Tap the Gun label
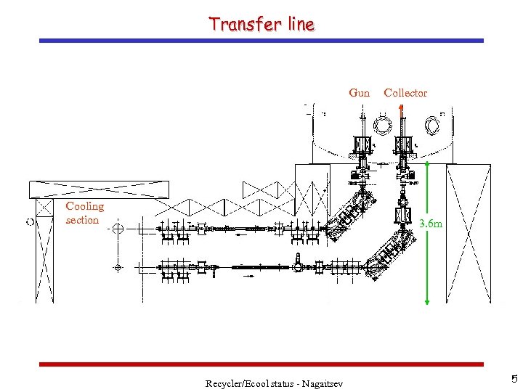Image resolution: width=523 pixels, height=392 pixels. tap(359, 93)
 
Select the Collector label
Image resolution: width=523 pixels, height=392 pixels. tap(405, 93)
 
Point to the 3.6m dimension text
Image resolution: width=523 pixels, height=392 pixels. tap(431, 224)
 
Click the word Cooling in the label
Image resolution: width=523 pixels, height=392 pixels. tap(85, 207)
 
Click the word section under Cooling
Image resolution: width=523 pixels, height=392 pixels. tap(82, 220)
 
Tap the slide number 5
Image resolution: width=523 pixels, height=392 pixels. tap(514, 379)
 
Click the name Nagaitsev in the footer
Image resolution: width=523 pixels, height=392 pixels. tap(320, 383)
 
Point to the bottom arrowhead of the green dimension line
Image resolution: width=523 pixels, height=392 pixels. tap(427, 300)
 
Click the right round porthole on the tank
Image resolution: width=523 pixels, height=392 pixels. tap(432, 126)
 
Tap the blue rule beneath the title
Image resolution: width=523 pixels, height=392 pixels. tap(261, 41)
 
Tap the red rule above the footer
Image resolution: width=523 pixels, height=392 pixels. tap(261, 364)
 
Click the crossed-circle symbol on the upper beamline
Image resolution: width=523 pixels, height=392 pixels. tap(118, 229)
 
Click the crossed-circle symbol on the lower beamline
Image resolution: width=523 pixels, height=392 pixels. tap(118, 268)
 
